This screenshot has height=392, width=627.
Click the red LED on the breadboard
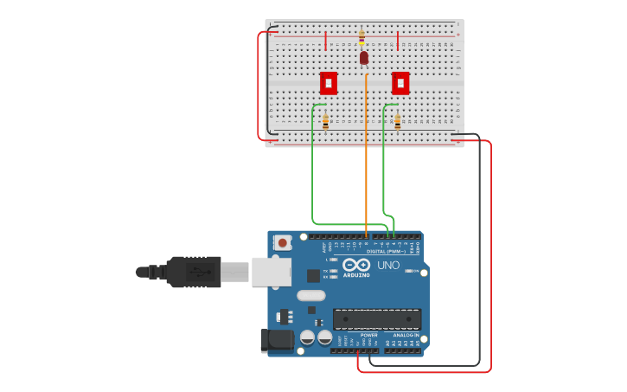(x=364, y=58)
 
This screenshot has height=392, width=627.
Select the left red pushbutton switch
(x=329, y=83)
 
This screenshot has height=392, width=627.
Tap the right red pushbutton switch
(x=400, y=83)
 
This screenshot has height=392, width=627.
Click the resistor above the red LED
(x=361, y=38)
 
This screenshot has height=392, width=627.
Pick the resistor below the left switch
(x=325, y=122)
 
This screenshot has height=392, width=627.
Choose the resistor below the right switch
(x=397, y=122)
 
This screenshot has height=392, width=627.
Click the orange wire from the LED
(x=366, y=156)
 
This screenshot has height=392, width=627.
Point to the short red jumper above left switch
(x=325, y=41)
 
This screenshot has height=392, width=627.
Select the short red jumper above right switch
(x=397, y=41)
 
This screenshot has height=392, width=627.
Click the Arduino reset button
(x=283, y=244)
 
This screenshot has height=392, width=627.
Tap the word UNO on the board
(x=389, y=265)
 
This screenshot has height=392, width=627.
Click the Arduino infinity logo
(x=355, y=265)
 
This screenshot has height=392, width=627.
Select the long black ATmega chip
(x=377, y=318)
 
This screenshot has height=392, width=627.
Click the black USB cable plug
(x=193, y=272)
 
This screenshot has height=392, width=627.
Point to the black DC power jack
(x=277, y=339)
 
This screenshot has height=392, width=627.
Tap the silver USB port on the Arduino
(x=271, y=272)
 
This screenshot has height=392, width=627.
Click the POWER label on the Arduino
(x=368, y=335)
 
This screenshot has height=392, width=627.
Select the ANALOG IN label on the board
(x=406, y=335)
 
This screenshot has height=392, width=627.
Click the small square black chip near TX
(x=313, y=276)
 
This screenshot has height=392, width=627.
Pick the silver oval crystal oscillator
(x=311, y=296)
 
